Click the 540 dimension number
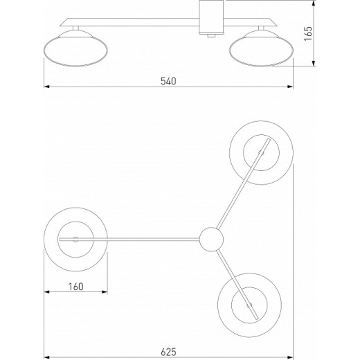[168, 81]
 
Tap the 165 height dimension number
[308, 34]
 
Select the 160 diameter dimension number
[76, 287]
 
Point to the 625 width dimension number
[168, 352]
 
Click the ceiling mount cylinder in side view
[211, 17]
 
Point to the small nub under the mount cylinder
[211, 36]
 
